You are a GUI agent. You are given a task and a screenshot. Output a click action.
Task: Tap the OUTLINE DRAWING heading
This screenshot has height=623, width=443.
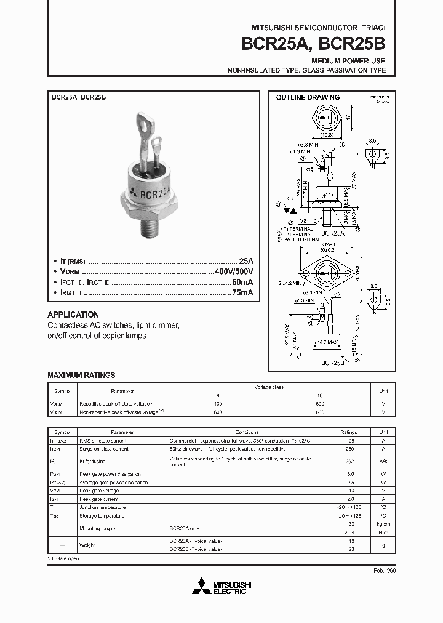(x=308, y=97)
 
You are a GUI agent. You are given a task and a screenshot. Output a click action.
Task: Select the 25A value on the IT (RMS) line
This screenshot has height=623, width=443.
(x=245, y=261)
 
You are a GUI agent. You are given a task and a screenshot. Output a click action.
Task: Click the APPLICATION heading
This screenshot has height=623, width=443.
(x=73, y=314)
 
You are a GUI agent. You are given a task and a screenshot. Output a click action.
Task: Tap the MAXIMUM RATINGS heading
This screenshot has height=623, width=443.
(x=81, y=375)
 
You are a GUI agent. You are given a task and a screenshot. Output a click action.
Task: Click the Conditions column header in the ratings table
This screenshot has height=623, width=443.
(x=247, y=432)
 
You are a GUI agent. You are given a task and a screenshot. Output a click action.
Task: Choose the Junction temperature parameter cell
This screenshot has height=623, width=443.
(x=102, y=507)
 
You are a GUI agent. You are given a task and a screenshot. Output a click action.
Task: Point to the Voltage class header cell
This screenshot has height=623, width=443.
(x=269, y=387)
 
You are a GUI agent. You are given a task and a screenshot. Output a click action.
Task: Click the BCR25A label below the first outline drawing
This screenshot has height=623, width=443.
(x=332, y=233)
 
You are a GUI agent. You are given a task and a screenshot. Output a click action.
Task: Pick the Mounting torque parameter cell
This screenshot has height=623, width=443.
(x=97, y=528)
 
